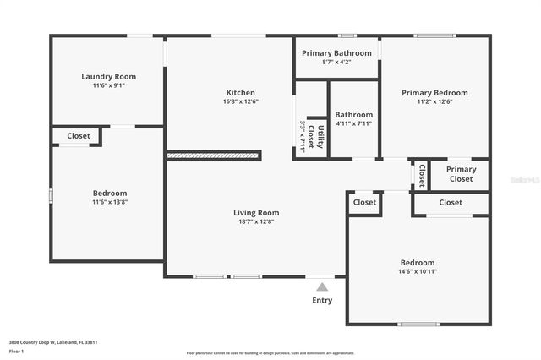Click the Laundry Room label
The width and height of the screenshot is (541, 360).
point(108,76)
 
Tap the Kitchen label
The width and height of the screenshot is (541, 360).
point(240,92)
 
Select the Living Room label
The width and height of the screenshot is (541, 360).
point(256,213)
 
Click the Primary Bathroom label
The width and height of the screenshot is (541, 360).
point(336,52)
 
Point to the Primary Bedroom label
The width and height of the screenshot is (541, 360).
point(434,93)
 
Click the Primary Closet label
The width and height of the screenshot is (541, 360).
point(461,174)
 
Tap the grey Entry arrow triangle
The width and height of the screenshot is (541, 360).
point(322,286)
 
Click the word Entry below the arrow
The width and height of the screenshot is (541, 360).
point(322,300)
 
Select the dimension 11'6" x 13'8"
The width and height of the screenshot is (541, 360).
point(110,202)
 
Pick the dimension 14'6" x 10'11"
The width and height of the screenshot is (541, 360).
point(418,271)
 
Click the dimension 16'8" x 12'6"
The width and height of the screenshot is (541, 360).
point(240,101)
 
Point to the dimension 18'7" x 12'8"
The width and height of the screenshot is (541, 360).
point(256,222)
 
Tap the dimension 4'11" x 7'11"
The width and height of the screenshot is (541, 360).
point(353,123)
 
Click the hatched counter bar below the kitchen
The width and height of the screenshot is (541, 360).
point(214,155)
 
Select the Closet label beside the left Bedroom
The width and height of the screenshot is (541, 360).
point(79,135)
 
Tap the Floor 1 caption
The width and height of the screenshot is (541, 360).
point(17,350)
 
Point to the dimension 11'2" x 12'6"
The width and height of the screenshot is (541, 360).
point(434,102)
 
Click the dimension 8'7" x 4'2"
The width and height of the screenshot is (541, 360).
point(336,62)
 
